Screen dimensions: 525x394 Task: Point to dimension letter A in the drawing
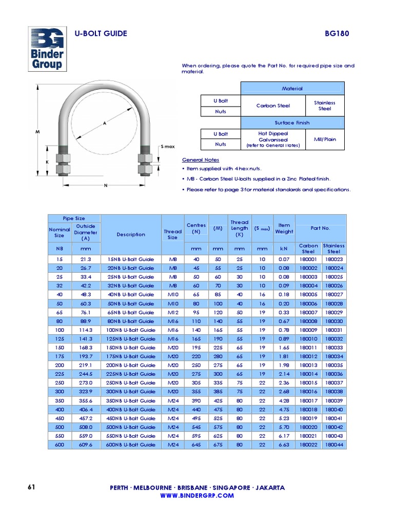105,124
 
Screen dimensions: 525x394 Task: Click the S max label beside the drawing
168,147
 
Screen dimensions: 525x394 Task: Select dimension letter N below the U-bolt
106,185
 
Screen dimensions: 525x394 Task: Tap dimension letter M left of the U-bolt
37,132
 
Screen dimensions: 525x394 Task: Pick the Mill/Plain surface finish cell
325,139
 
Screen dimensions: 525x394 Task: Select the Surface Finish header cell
292,123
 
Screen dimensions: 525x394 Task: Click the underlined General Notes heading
201,160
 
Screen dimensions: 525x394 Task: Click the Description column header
131,234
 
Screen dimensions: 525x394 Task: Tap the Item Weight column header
284,228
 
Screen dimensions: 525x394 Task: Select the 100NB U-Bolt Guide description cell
131,330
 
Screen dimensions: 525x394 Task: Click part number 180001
308,259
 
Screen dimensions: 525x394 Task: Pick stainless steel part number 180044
334,445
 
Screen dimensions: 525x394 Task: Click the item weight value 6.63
284,445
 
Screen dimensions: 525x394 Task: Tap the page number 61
31,487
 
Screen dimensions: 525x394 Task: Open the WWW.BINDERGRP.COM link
197,496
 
